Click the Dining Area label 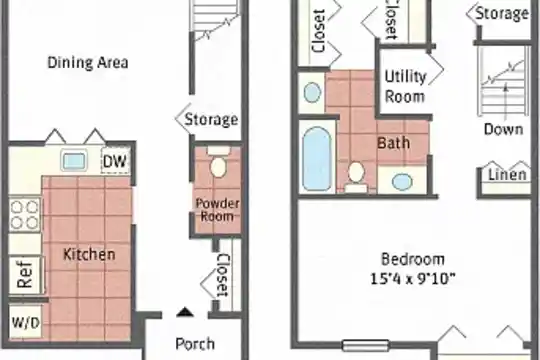click(88, 62)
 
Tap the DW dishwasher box click(115, 161)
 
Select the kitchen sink click(74, 161)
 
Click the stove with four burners click(24, 215)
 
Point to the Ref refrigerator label click(24, 274)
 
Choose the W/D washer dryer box click(25, 322)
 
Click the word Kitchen click(89, 254)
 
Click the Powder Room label click(217, 209)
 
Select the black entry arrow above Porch click(185, 312)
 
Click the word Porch click(195, 343)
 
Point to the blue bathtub click(317, 158)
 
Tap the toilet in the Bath click(356, 177)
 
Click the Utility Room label click(405, 86)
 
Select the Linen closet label click(508, 174)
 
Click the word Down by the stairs click(503, 129)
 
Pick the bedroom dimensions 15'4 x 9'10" click(413, 279)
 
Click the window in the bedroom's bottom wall click(366, 345)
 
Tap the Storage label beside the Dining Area click(211, 119)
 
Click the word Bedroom click(413, 259)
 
